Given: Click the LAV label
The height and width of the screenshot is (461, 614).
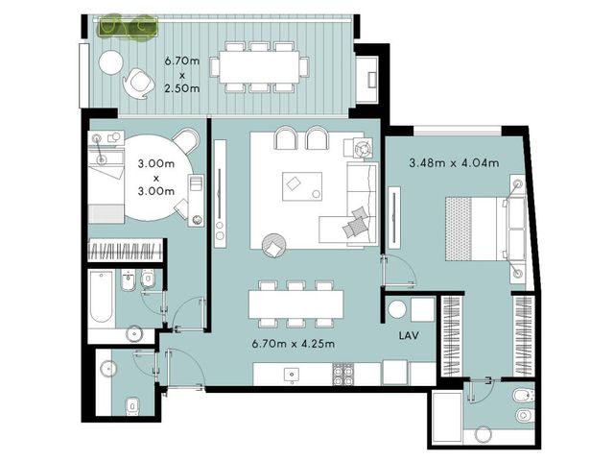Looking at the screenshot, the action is (409, 335).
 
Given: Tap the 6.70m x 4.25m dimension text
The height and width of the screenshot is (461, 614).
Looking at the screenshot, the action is (294, 344).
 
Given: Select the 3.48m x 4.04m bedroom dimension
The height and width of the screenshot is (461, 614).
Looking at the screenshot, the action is (454, 162).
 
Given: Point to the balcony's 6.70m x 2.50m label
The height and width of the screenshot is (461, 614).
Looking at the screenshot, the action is (181, 75).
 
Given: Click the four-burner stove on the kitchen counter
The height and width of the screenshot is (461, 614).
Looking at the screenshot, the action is (343, 375).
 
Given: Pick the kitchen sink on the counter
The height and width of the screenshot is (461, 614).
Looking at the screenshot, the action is (291, 376).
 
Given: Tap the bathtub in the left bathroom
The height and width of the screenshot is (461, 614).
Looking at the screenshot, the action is (102, 298).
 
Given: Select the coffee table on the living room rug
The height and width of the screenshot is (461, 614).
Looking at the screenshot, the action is (302, 186).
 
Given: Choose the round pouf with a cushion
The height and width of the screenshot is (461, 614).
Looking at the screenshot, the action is (273, 246).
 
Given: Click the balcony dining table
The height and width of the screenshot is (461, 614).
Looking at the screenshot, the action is (259, 67).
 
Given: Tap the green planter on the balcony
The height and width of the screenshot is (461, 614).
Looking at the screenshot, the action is (127, 27).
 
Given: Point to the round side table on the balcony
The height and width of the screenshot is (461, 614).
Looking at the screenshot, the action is (111, 62).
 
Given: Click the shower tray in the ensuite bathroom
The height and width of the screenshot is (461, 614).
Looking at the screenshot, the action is (447, 418).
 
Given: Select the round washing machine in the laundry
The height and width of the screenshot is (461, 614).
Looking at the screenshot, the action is (397, 309).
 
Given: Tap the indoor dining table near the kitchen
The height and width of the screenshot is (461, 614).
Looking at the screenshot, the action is (296, 304).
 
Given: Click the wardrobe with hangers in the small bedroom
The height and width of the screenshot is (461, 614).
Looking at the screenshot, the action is (125, 251).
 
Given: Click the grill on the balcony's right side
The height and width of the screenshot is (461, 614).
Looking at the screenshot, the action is (371, 80).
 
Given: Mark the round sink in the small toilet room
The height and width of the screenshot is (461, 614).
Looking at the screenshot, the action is (107, 369).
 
